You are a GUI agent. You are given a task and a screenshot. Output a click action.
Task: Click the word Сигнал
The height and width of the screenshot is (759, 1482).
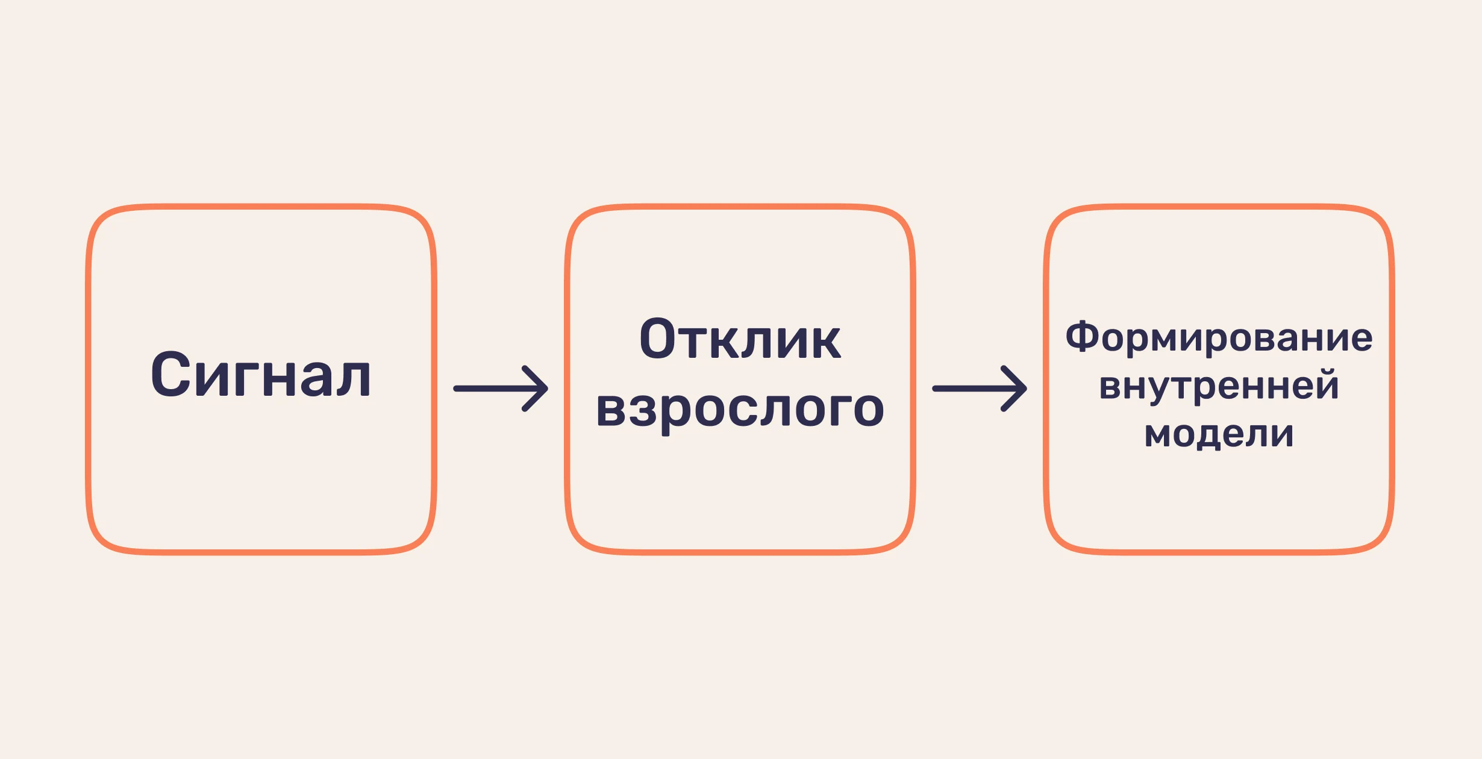pyautogui.click(x=260, y=374)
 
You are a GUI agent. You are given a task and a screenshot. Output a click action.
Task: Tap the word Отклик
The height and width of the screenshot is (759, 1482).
pyautogui.click(x=740, y=339)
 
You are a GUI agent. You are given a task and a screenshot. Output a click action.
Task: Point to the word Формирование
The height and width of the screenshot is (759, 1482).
pyautogui.click(x=1219, y=337)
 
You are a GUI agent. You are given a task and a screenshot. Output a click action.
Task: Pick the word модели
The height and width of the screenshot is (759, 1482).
pyautogui.click(x=1219, y=434)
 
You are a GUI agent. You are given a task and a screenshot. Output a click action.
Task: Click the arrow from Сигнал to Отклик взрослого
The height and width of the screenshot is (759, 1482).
pyautogui.click(x=501, y=389)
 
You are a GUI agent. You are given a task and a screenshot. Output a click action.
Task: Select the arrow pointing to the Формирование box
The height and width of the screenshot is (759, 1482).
pyautogui.click(x=980, y=389)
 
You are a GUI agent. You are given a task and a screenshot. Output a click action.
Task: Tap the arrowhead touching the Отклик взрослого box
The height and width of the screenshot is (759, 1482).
pyautogui.click(x=536, y=389)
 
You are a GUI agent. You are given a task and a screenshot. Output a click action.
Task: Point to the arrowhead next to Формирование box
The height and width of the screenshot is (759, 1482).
pyautogui.click(x=1015, y=389)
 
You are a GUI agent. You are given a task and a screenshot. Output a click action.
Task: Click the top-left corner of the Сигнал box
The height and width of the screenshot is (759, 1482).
pyautogui.click(x=89, y=207)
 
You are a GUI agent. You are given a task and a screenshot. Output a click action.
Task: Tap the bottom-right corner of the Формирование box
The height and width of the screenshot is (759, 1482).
pyautogui.click(x=1392, y=552)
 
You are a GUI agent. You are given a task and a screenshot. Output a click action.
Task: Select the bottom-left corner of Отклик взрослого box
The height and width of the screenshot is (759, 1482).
pyautogui.click(x=567, y=552)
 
